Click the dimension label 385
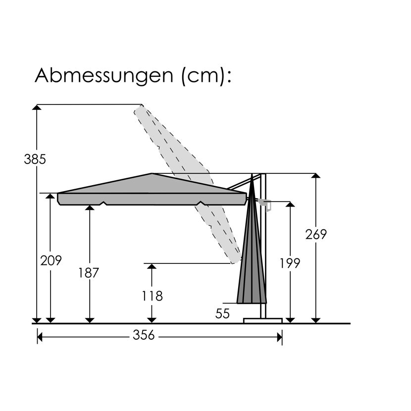pyautogui.click(x=35, y=159)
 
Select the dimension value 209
pyautogui.click(x=51, y=260)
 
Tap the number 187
pyautogui.click(x=89, y=273)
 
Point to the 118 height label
pyautogui.click(x=153, y=296)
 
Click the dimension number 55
pyautogui.click(x=222, y=313)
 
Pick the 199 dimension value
pyautogui.click(x=290, y=263)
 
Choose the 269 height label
pyautogui.click(x=316, y=234)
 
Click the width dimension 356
pyautogui.click(x=144, y=335)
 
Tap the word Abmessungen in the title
pyautogui.click(x=104, y=76)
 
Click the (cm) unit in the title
pyautogui.click(x=203, y=76)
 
